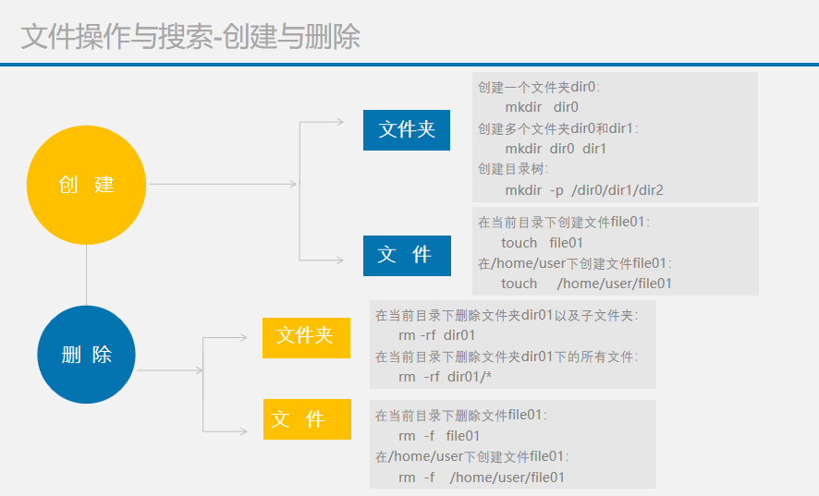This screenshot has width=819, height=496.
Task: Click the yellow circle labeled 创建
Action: (86, 185)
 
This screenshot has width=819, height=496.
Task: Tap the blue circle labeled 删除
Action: (86, 355)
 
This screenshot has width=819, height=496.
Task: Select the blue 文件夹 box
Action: (407, 130)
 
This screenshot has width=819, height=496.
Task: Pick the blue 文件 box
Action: (407, 255)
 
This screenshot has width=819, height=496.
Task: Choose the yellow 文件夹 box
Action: (306, 338)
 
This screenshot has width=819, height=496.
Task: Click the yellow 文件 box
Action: (307, 419)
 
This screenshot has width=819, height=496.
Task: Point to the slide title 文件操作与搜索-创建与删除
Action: (190, 37)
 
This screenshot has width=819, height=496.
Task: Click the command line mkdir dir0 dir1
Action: (556, 149)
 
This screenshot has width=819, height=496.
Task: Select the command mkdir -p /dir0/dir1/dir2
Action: (584, 190)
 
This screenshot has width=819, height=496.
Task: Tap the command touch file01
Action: (542, 243)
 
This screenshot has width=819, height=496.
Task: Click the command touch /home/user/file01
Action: (586, 284)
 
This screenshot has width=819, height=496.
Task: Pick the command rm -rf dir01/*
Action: (445, 377)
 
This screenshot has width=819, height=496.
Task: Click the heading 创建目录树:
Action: (513, 169)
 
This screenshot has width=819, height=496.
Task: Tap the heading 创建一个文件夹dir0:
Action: (539, 87)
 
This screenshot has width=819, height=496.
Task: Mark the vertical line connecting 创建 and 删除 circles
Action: (86, 275)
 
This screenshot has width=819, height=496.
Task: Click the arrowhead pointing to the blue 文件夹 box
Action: (339, 122)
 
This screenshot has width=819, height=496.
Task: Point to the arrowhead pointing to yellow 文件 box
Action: (243, 431)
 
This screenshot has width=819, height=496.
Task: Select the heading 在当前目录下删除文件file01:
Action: (460, 416)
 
